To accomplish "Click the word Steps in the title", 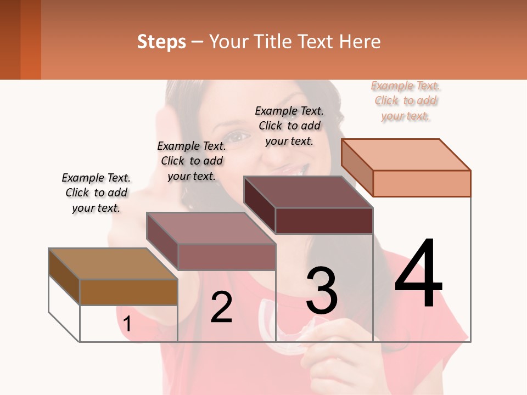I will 161,42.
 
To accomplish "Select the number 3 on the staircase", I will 322,291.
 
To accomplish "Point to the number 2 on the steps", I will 221,307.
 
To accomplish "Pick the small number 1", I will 127,324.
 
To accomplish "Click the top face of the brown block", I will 113,263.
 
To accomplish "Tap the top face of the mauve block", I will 211,228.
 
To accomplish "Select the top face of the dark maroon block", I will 309,192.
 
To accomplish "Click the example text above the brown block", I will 96,193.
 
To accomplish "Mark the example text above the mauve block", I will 192,161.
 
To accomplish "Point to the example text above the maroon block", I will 289,126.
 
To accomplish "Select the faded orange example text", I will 406,100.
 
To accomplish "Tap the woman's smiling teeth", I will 296,171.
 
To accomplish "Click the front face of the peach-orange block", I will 422,183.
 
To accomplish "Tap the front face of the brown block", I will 128,292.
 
